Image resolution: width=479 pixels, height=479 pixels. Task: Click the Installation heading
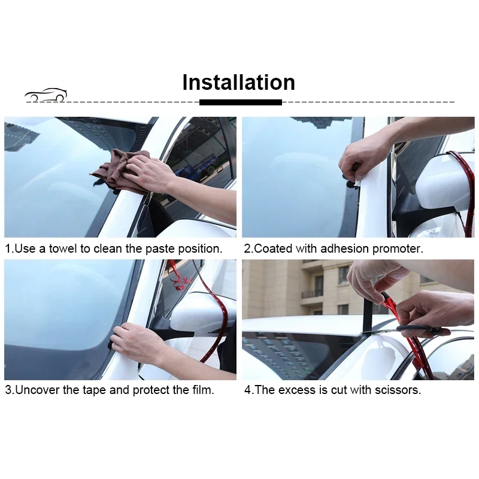click(x=238, y=82)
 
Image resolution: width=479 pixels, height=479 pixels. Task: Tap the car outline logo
click(x=46, y=95)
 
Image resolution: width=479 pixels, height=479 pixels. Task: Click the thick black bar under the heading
click(x=240, y=102)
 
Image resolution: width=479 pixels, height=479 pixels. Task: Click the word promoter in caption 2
click(x=398, y=248)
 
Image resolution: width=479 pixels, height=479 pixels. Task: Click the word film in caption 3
click(x=201, y=390)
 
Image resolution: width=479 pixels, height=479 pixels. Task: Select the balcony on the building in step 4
click(x=312, y=293)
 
